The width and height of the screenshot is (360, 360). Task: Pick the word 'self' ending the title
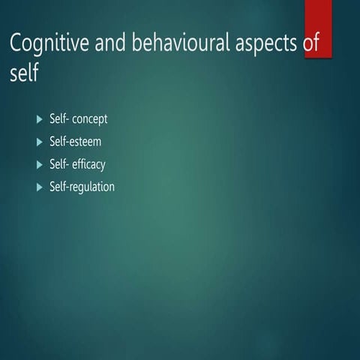(24, 74)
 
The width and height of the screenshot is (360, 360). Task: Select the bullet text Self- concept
(83, 119)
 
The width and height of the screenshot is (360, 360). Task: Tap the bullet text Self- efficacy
(82, 164)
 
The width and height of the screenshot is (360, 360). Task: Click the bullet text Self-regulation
(87, 187)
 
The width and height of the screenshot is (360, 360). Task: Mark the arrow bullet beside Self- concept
(40, 119)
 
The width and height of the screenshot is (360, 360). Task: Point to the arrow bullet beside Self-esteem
(40, 142)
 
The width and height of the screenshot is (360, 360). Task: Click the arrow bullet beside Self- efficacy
(40, 164)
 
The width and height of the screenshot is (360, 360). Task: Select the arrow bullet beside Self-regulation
(40, 187)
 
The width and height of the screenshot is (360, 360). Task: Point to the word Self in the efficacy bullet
(58, 164)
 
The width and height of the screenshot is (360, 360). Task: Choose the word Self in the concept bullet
(58, 119)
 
